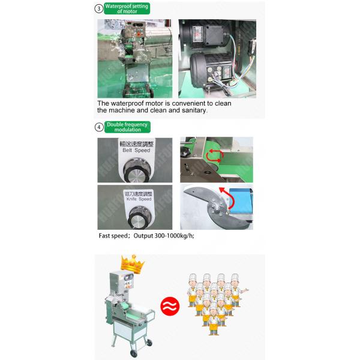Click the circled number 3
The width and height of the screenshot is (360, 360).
[x=98, y=8]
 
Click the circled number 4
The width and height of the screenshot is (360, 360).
[x=98, y=127]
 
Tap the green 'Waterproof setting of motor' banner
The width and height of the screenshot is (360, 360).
[x=127, y=8]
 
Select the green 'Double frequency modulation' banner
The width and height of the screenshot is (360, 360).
[x=128, y=127]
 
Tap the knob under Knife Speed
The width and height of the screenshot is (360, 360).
[x=137, y=217]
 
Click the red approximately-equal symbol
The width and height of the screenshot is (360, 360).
[x=170, y=307]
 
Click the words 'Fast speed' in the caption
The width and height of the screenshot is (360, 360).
[x=113, y=236]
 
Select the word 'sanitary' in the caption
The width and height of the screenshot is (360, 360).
[x=191, y=110]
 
